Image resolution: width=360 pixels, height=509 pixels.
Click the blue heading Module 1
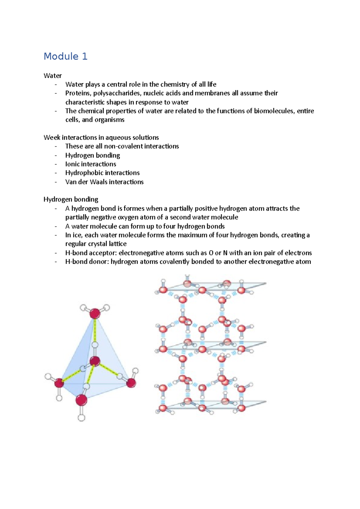(65, 56)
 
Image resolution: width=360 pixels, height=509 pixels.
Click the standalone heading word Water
(52, 76)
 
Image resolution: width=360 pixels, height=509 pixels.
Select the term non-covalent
(123, 146)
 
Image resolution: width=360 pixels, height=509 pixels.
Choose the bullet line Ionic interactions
(91, 164)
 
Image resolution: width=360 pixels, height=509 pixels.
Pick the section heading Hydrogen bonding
(71, 199)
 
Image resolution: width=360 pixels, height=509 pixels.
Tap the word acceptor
(103, 253)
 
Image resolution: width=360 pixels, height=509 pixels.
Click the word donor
(99, 262)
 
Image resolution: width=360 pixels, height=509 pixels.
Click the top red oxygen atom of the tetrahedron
(95, 314)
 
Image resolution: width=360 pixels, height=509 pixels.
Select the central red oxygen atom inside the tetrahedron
(95, 361)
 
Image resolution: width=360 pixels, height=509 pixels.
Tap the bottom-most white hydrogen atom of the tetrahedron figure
(81, 418)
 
